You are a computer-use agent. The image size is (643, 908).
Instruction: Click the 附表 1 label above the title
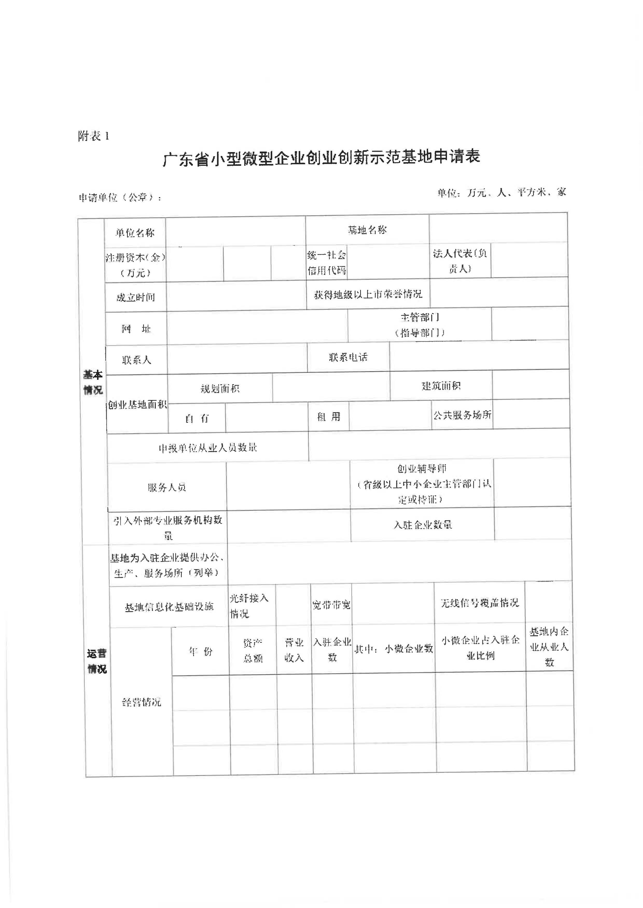[x=93, y=137]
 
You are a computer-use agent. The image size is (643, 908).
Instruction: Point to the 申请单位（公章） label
[x=120, y=197]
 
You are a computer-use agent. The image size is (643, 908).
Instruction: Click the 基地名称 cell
[x=367, y=230]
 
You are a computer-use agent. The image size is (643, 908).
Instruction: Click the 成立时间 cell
[x=135, y=297]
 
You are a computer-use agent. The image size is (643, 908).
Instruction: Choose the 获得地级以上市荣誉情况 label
[x=368, y=294]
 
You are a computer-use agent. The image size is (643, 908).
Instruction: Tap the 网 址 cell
[x=136, y=329]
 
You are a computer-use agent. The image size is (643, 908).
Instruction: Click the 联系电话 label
[x=348, y=357]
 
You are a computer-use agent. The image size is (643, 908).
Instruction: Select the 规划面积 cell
[x=220, y=389]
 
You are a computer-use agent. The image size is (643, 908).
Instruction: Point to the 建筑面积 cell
[x=441, y=386]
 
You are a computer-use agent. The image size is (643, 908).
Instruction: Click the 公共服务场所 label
[x=462, y=415]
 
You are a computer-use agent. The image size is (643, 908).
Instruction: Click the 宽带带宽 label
[x=331, y=605]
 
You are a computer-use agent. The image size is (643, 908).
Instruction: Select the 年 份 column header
[x=200, y=651]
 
